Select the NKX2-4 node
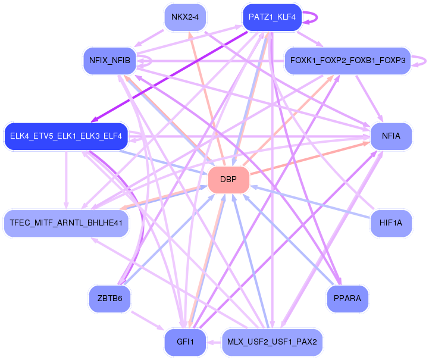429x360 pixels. (184, 17)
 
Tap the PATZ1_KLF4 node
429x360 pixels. (272, 17)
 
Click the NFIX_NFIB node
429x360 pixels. (109, 60)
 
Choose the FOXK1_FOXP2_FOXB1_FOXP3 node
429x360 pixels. (347, 60)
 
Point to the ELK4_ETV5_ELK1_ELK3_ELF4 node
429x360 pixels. (65, 136)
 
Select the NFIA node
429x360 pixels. (391, 136)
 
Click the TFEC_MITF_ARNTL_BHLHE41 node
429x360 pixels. (65, 223)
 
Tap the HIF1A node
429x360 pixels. (391, 223)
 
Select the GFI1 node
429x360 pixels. (184, 342)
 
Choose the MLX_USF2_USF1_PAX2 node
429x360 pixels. (272, 342)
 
